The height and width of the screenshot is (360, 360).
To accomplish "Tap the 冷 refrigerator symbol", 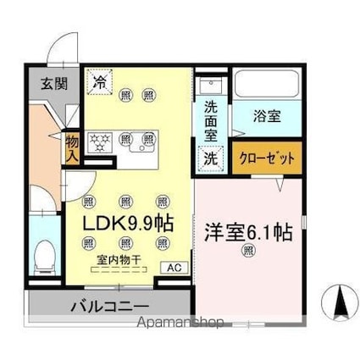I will coord(101,83).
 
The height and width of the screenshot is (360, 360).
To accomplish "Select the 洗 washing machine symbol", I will coord(209,158).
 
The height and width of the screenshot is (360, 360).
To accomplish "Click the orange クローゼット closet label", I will coord(266,158).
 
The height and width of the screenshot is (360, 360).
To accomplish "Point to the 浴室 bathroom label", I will coord(268,117).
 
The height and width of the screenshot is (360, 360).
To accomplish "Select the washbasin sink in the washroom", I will coord(208,88).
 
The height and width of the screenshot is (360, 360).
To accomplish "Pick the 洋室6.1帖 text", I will coord(248,230).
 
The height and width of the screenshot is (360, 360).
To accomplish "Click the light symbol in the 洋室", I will coord(248,250).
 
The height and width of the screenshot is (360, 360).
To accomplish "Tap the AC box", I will coord(174,268).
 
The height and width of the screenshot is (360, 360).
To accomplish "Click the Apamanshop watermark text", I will coord(174,323).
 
